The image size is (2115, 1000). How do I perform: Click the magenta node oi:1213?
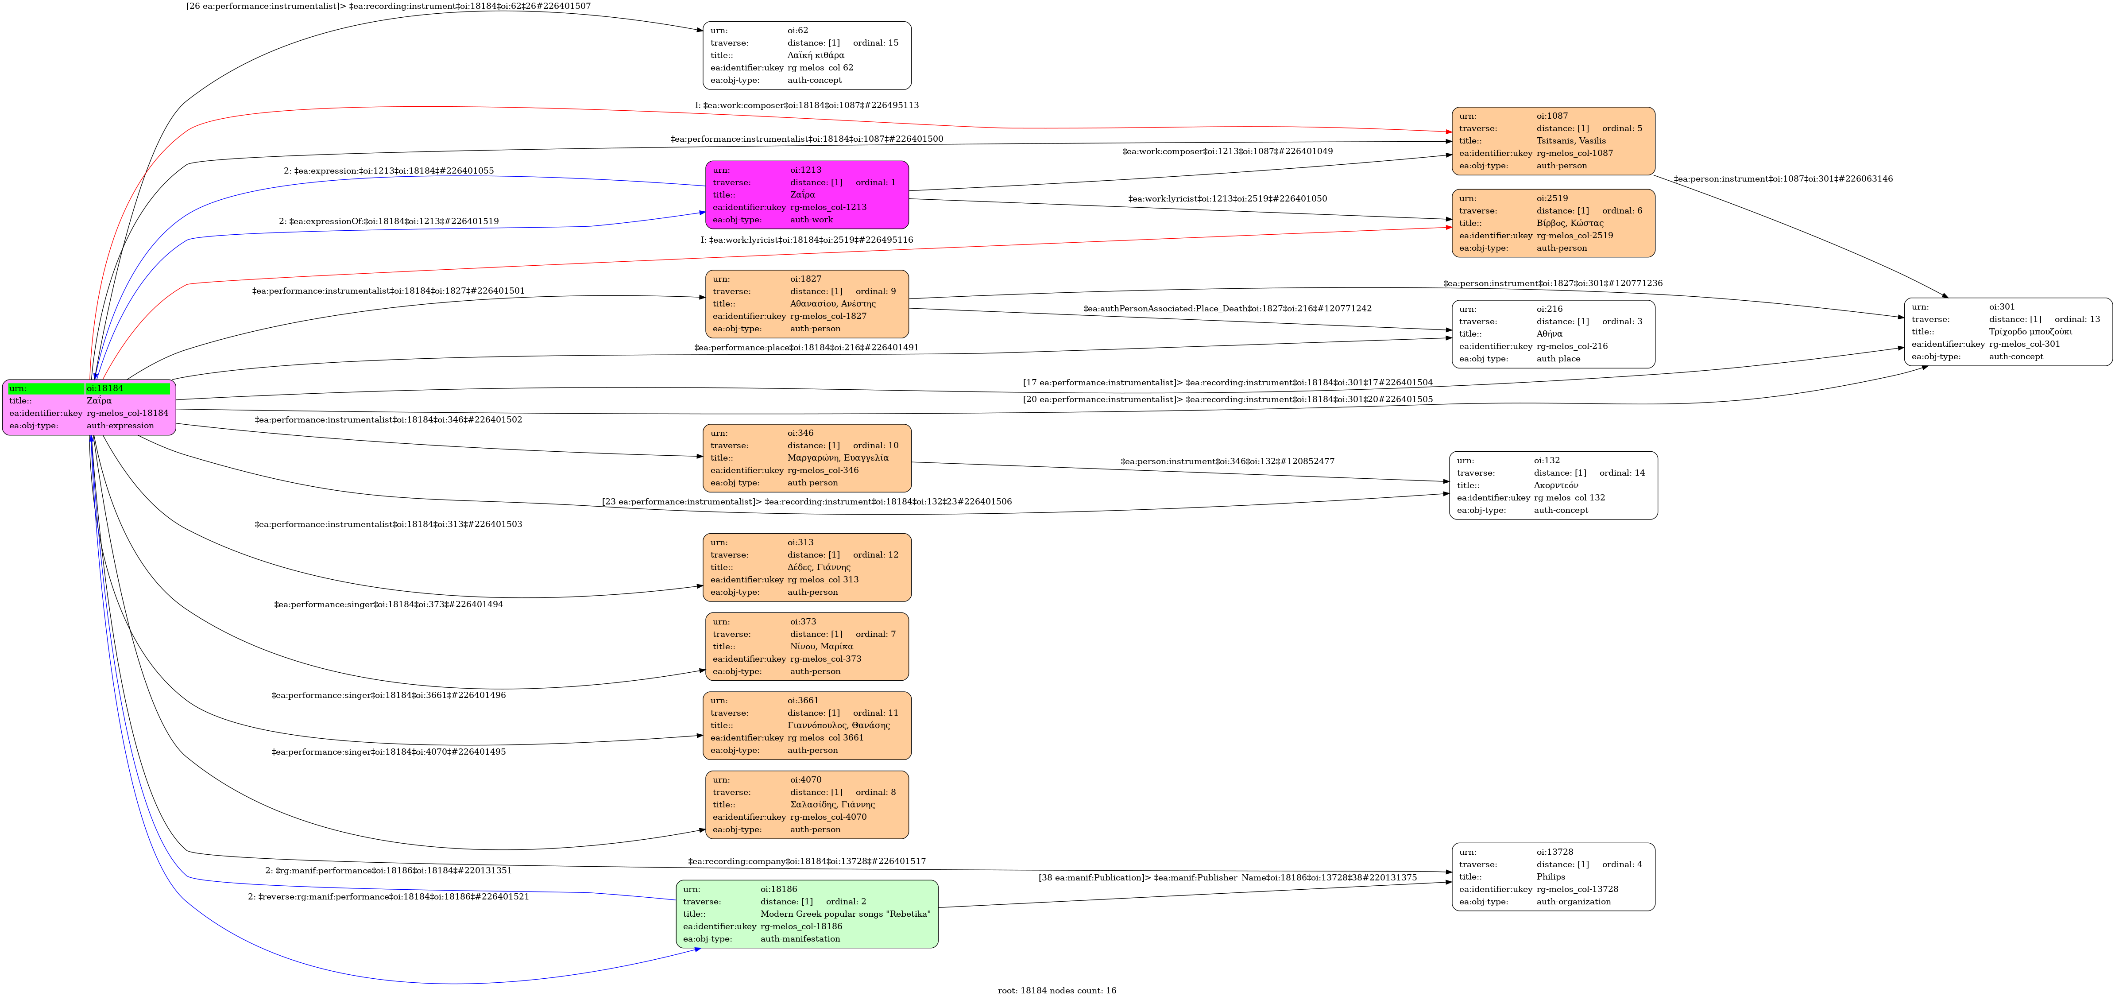point(807,194)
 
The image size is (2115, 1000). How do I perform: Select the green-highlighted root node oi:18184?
point(89,407)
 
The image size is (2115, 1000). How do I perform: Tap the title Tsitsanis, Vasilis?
point(1571,140)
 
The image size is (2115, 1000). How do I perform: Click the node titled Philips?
point(1554,877)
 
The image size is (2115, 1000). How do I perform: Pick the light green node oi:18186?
point(807,914)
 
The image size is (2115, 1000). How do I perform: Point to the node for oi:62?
point(807,55)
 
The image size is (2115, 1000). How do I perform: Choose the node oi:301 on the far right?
point(2008,332)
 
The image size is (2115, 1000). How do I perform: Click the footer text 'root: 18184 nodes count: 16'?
point(1057,990)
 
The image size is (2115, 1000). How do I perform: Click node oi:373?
point(807,646)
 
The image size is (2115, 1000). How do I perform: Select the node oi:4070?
point(807,805)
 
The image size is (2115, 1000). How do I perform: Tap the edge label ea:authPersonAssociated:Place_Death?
point(1227,309)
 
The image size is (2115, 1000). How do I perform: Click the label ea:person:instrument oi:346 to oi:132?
point(1227,461)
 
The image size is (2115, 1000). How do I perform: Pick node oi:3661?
point(807,725)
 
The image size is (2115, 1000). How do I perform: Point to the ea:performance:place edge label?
point(806,347)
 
